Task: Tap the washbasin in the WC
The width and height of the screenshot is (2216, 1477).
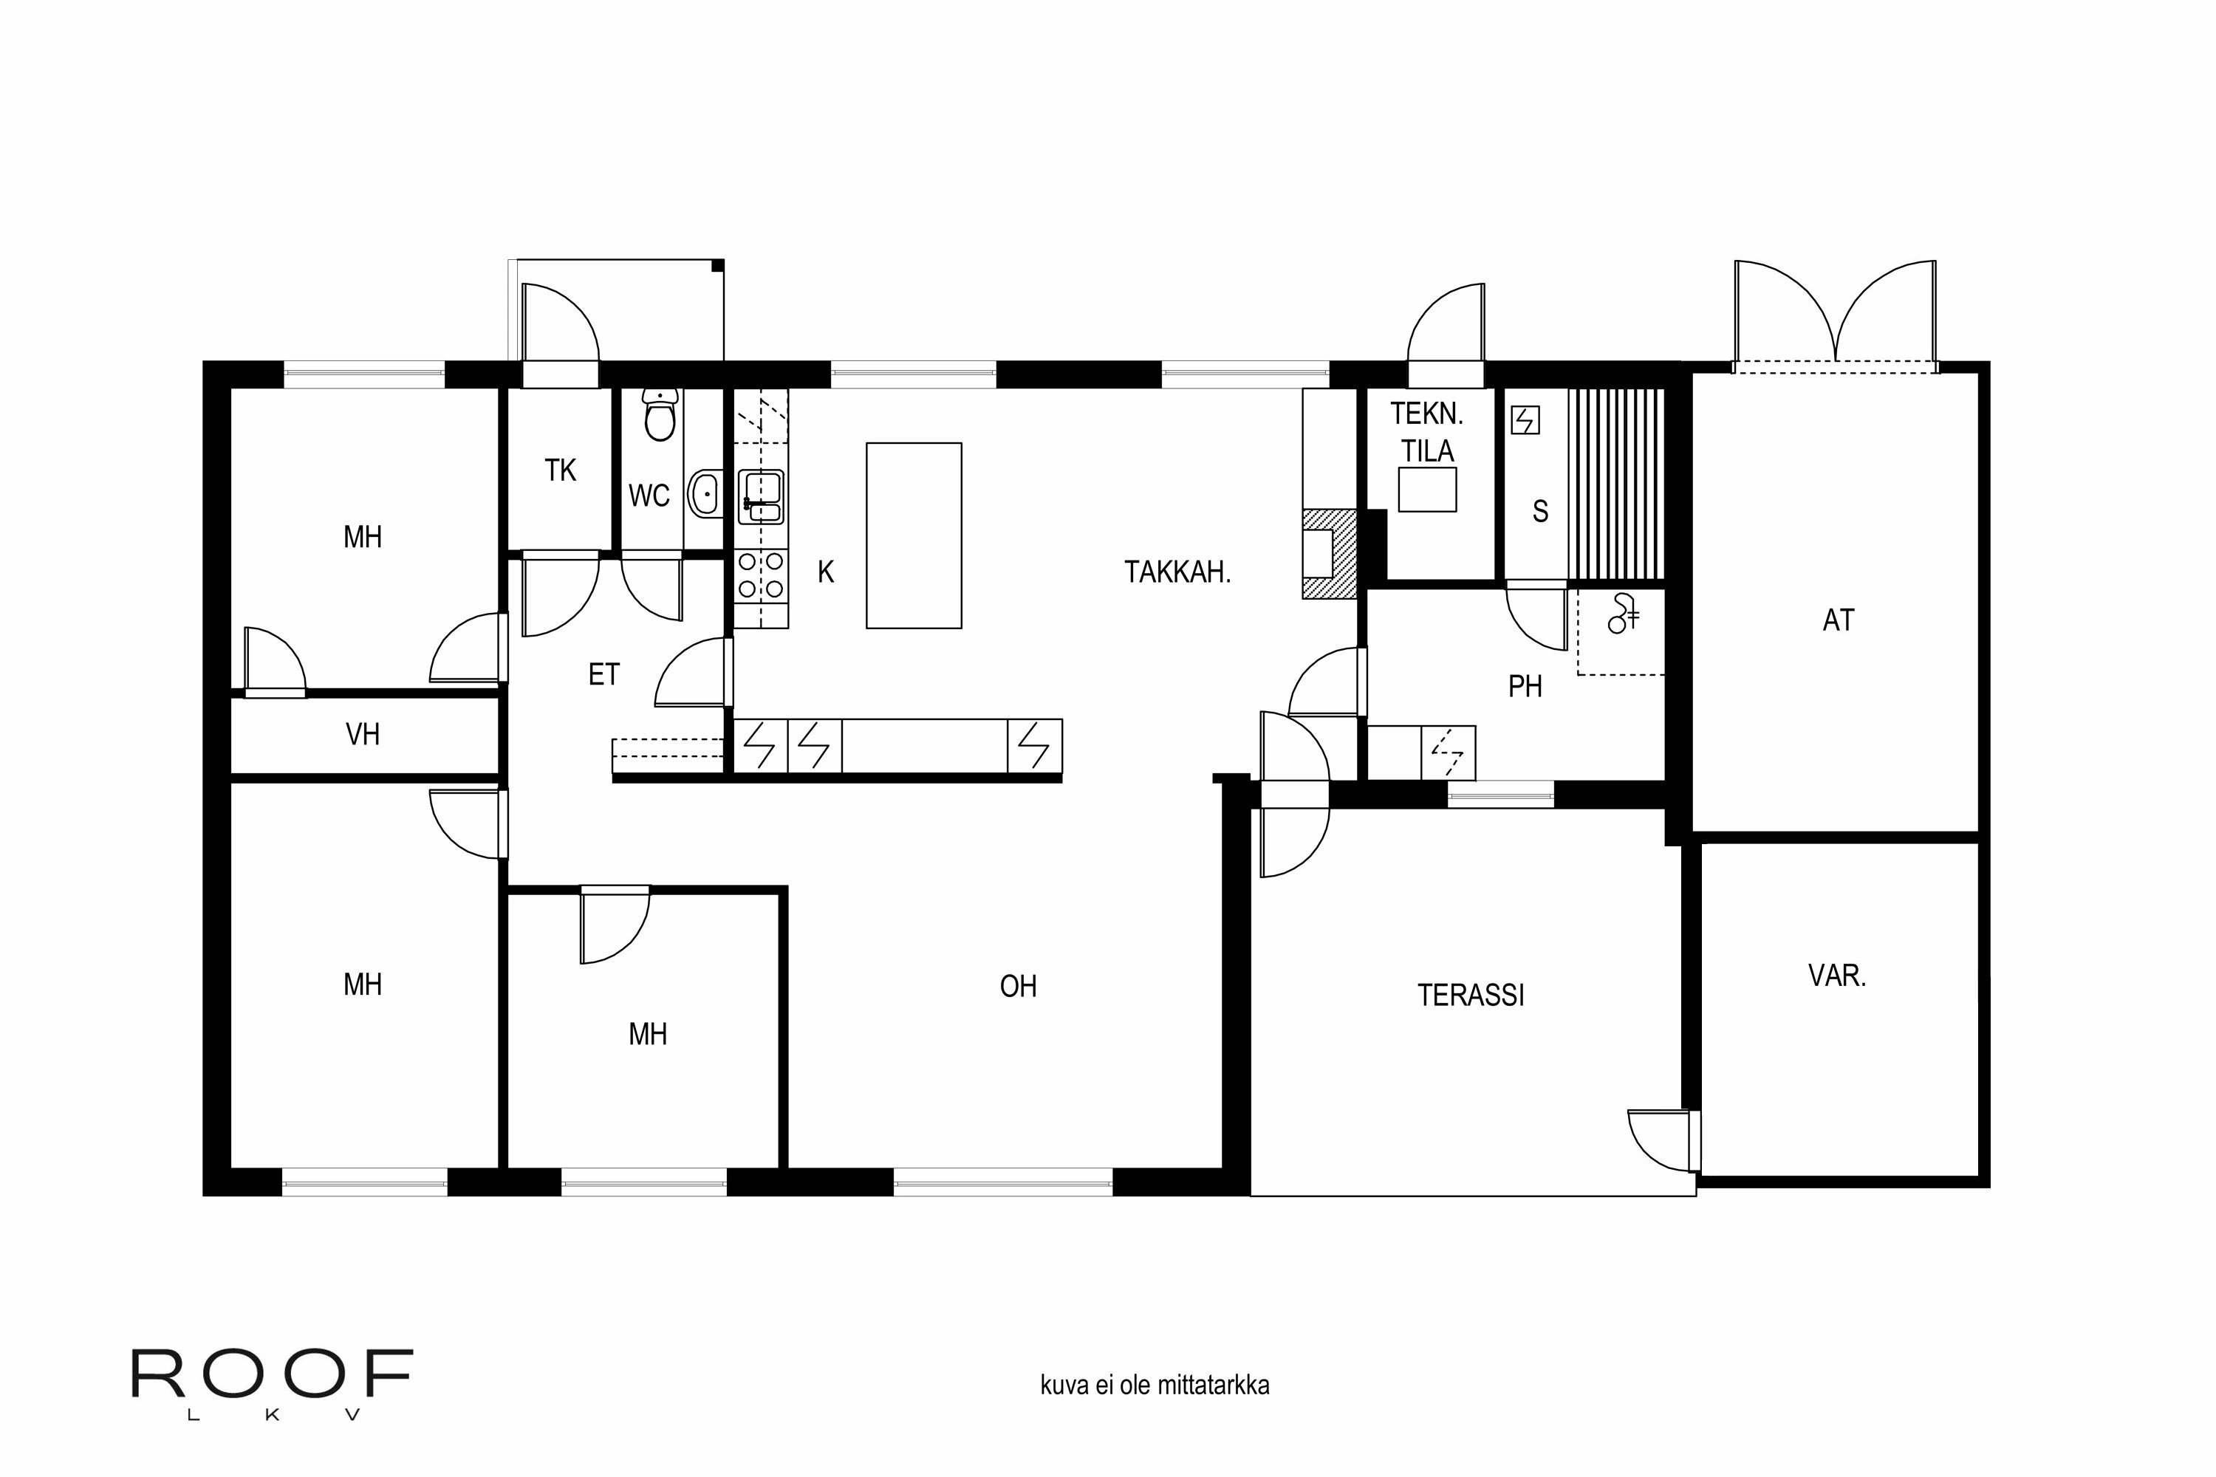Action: tap(705, 493)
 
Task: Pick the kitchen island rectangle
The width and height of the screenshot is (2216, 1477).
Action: tap(913, 535)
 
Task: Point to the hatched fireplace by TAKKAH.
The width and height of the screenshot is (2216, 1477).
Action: tap(1330, 554)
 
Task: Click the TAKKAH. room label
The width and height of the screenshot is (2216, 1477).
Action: tap(1177, 572)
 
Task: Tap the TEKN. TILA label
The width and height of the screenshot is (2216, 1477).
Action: tap(1426, 432)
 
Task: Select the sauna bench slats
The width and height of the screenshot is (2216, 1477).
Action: tap(1616, 483)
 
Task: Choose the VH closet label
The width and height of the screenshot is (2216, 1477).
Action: tap(363, 734)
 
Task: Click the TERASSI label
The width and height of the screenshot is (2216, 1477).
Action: tap(1470, 995)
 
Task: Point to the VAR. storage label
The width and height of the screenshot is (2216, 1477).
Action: tap(1836, 975)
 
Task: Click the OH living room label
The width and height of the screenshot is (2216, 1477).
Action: tap(1018, 986)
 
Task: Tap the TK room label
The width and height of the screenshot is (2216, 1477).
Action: tap(560, 470)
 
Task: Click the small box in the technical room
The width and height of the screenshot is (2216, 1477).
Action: tap(1426, 490)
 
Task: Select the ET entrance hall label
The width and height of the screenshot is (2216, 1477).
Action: tap(604, 674)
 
